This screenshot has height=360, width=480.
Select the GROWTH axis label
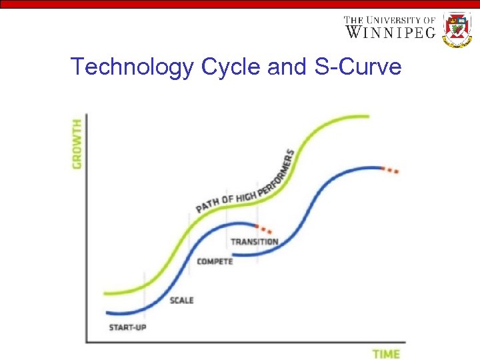click(78, 143)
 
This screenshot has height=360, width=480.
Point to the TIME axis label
click(385, 353)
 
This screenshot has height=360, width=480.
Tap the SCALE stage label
click(181, 300)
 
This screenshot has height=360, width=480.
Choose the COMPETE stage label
click(215, 261)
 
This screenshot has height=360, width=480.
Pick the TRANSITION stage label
click(254, 241)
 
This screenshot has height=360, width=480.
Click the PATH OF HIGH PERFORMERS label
click(245, 181)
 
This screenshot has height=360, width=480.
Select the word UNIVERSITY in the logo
click(397, 19)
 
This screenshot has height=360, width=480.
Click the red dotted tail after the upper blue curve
click(390, 169)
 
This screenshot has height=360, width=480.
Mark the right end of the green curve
click(368, 117)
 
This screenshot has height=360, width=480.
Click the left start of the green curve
click(106, 293)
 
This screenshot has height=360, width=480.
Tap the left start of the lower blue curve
click(107, 313)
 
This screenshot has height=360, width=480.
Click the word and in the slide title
click(277, 67)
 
